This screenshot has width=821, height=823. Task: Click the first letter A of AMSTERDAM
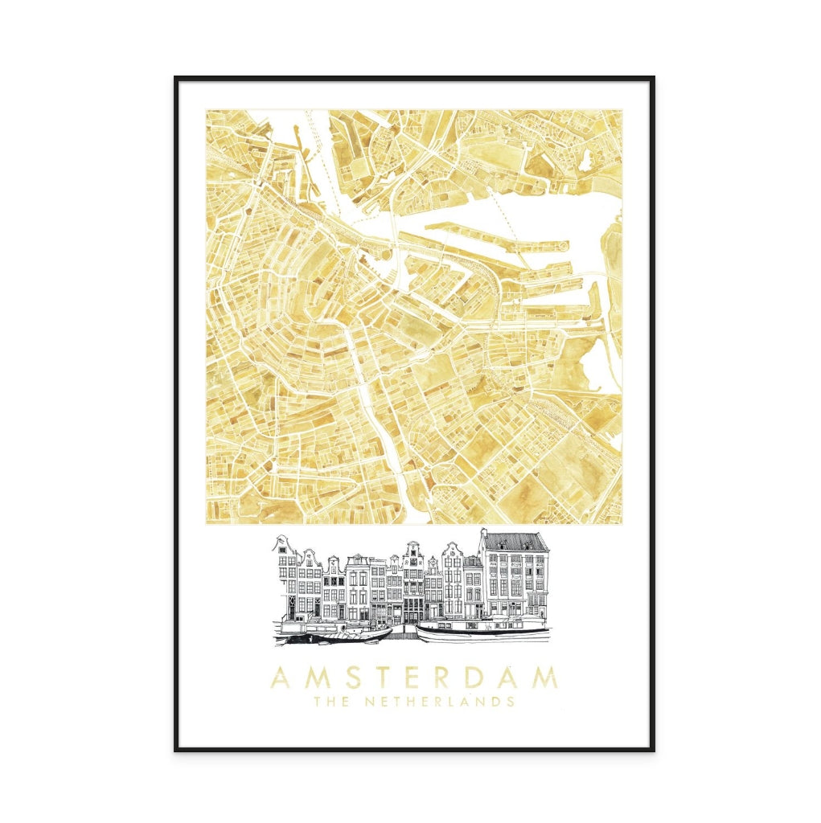(x=279, y=678)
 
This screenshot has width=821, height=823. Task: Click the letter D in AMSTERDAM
(x=486, y=678)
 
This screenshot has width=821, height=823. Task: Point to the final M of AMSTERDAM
(x=544, y=678)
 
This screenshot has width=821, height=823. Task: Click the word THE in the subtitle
(x=333, y=702)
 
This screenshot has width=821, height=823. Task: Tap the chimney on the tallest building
(x=483, y=533)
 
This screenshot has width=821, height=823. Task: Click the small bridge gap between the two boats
(x=404, y=635)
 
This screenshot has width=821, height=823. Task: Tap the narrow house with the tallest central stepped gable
(x=413, y=563)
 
